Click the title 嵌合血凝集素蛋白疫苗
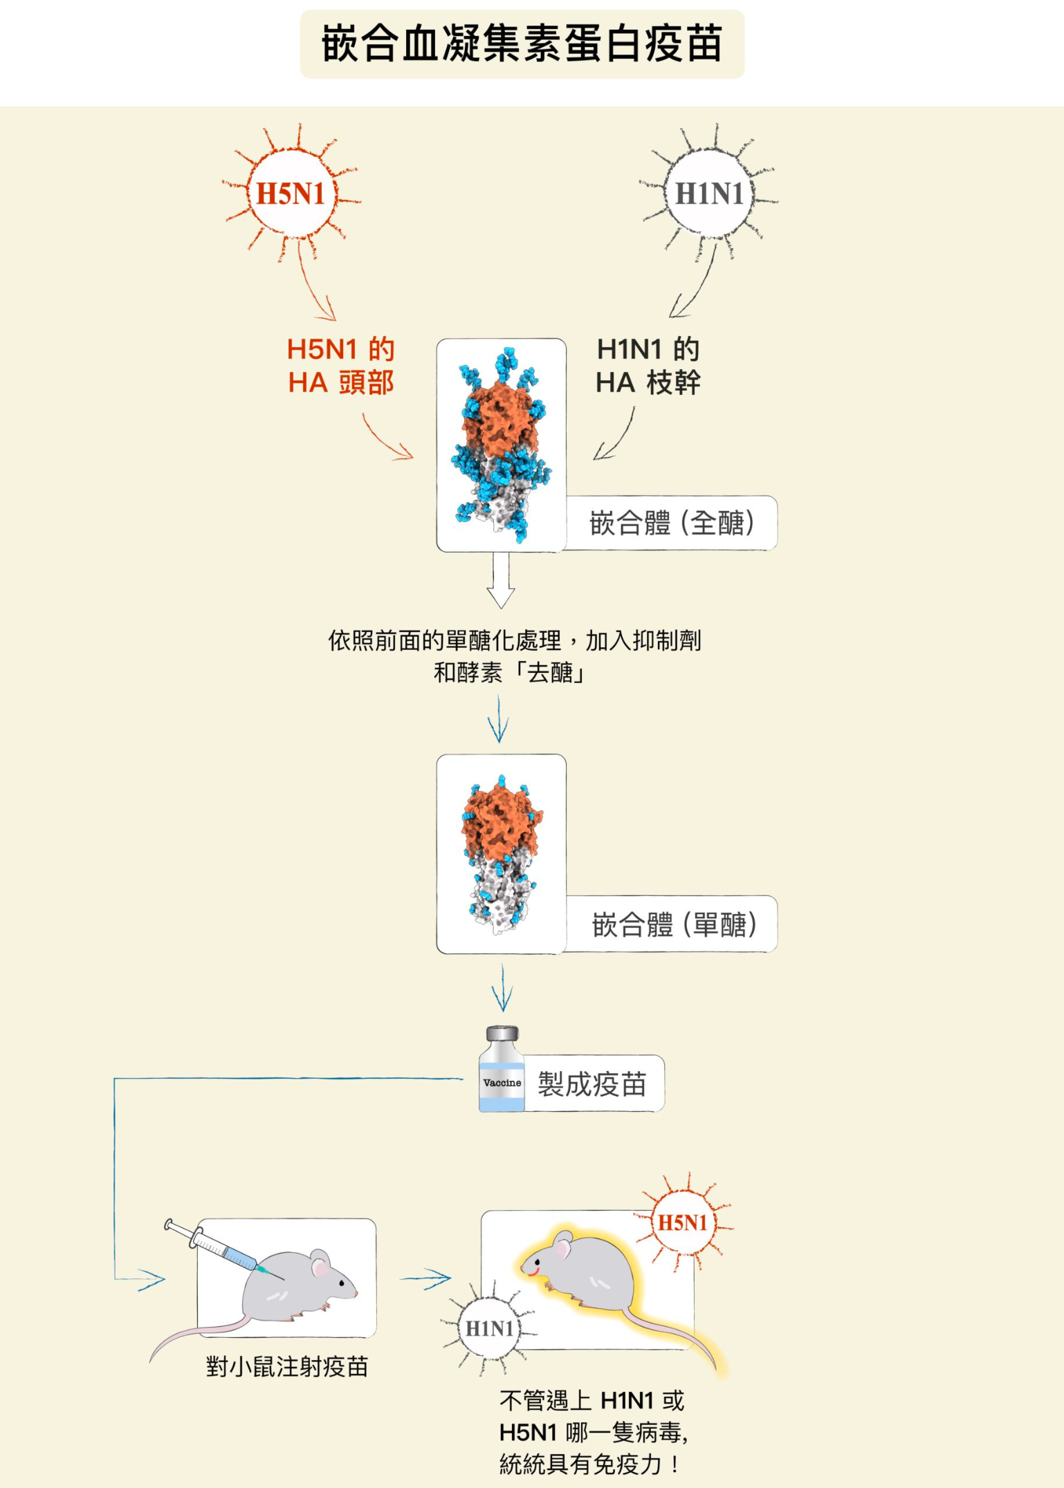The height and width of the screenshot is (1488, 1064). click(x=522, y=44)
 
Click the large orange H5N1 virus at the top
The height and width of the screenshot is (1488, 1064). click(x=291, y=194)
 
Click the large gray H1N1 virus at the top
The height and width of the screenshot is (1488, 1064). click(x=709, y=194)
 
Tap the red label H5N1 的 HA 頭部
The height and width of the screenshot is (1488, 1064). click(x=340, y=366)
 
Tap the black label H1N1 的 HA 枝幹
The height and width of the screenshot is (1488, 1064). click(x=648, y=366)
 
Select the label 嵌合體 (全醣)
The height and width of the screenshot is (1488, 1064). click(x=671, y=523)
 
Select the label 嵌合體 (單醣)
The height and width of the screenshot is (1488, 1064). click(x=674, y=924)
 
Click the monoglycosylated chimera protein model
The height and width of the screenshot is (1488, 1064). click(x=501, y=853)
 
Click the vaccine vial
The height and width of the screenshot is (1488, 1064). click(x=502, y=1070)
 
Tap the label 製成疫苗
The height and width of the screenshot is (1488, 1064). click(x=592, y=1084)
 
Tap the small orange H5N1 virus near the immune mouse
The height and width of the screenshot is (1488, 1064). click(x=682, y=1222)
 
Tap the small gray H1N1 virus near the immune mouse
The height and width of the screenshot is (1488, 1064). click(x=489, y=1328)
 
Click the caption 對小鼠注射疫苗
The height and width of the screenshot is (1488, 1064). click(x=286, y=1367)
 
